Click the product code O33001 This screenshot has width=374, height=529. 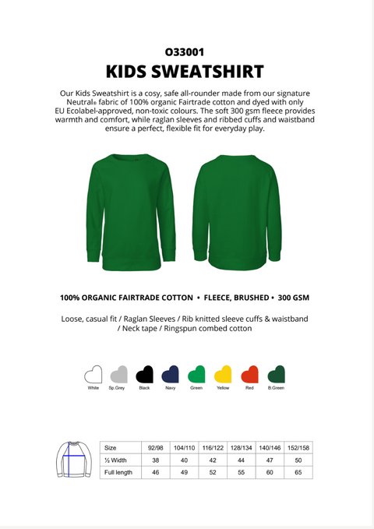[185, 53]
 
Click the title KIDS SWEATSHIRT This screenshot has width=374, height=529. [185, 72]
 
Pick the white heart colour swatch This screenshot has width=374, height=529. [93, 374]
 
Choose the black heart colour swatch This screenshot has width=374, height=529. [144, 374]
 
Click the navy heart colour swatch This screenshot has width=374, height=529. [170, 374]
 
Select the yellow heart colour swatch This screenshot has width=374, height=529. [223, 374]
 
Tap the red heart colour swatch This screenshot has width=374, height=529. [249, 374]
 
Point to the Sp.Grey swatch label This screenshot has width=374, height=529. [118, 388]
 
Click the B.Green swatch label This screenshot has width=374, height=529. [276, 388]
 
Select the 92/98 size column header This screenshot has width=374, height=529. [156, 448]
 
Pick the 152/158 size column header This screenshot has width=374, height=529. [298, 448]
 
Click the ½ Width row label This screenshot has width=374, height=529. [115, 460]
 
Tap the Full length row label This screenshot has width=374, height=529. [118, 472]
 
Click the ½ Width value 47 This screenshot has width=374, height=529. [269, 460]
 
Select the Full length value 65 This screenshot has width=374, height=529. [298, 472]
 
